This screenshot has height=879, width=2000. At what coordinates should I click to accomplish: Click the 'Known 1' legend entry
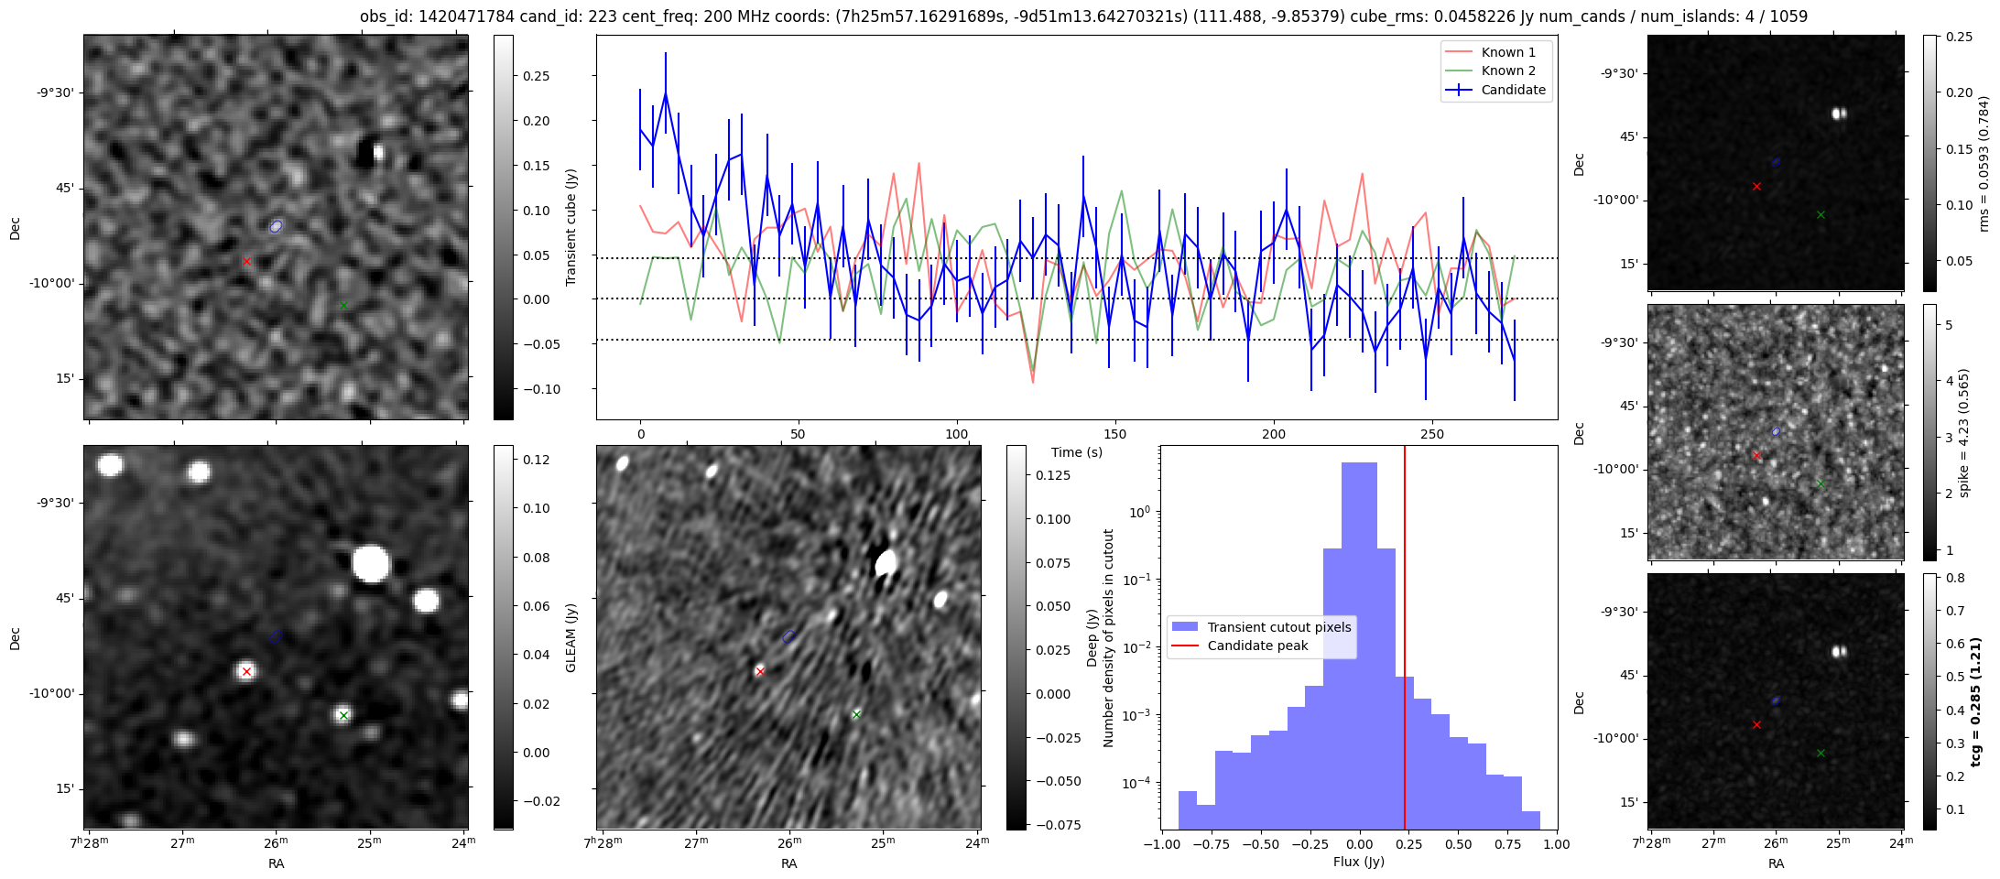1507,52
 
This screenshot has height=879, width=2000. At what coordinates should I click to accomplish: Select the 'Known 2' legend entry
1507,71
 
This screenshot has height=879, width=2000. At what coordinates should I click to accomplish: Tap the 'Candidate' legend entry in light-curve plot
1513,90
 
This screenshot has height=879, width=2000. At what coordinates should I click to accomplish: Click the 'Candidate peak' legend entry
1257,646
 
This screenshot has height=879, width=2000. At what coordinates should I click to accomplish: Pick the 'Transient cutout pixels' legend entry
1278,627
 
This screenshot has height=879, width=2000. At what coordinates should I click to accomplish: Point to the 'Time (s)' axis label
1076,452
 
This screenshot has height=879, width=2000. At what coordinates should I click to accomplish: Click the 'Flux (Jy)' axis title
1358,862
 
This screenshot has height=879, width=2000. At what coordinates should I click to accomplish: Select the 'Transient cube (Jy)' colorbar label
571,227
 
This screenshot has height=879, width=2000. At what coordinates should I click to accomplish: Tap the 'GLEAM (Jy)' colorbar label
571,637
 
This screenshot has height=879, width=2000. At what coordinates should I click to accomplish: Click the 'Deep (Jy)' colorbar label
1092,637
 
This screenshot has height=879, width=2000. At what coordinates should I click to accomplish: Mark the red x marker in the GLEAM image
246,672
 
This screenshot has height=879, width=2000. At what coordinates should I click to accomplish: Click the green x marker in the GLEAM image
343,715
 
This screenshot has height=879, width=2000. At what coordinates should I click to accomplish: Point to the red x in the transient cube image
246,262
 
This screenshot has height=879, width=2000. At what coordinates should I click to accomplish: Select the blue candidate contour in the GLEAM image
277,636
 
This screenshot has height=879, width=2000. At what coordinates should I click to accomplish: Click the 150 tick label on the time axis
1114,434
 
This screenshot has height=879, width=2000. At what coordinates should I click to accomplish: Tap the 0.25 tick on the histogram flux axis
1408,844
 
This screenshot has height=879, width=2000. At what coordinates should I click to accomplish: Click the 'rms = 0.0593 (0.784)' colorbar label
1984,163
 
